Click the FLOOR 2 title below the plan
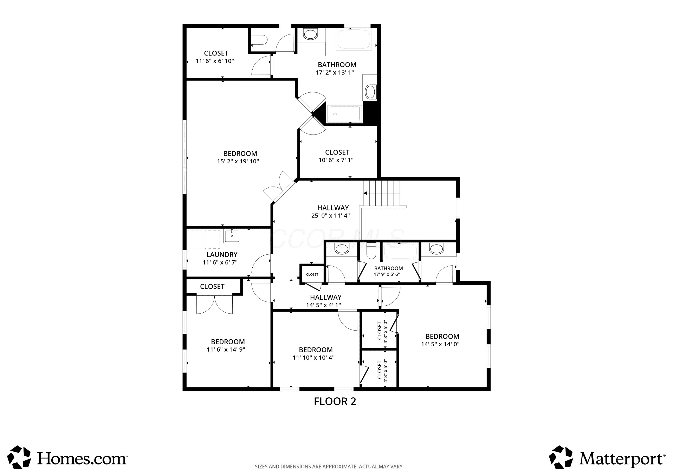[x=335, y=401]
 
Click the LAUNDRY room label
[x=222, y=254]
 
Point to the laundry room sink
[x=232, y=236]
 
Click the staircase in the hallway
[x=382, y=193]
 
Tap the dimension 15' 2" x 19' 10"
[x=238, y=161]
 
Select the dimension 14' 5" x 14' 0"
[x=440, y=344]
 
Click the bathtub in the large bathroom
[x=354, y=39]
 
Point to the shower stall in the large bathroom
[x=344, y=114]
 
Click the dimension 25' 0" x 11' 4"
[x=330, y=216]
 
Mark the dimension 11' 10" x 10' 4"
[x=313, y=358]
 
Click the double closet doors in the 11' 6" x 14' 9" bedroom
[x=214, y=304]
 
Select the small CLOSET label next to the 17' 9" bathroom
[x=312, y=274]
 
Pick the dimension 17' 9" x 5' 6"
[x=387, y=274]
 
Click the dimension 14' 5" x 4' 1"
[x=323, y=305]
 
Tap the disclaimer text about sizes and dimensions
[x=329, y=467]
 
